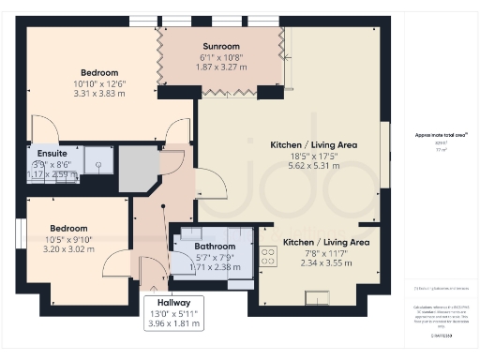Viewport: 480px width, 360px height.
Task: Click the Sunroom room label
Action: coord(221,46)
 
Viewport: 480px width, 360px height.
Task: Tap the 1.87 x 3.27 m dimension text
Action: coord(221,67)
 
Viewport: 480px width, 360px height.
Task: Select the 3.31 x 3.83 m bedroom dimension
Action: coord(98,94)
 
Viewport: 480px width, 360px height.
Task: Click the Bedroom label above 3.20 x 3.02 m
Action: coord(68,228)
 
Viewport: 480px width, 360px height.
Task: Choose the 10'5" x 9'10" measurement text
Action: coord(68,239)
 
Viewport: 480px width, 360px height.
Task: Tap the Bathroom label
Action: coord(214,247)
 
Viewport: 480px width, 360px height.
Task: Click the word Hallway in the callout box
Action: coord(173,303)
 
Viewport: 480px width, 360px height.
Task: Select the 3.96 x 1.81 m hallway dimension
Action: coord(173,324)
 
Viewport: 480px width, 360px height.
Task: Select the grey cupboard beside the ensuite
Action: coord(137,171)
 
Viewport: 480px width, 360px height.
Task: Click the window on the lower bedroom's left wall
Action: coord(20,232)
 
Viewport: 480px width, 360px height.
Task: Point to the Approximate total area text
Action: coord(441,135)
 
